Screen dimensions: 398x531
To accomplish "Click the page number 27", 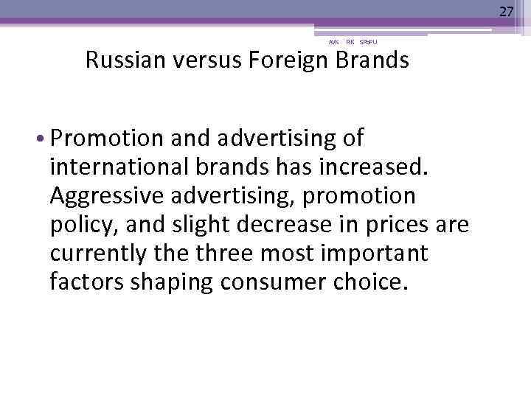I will [x=506, y=11].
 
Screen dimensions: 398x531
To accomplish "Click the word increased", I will [x=384, y=167].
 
